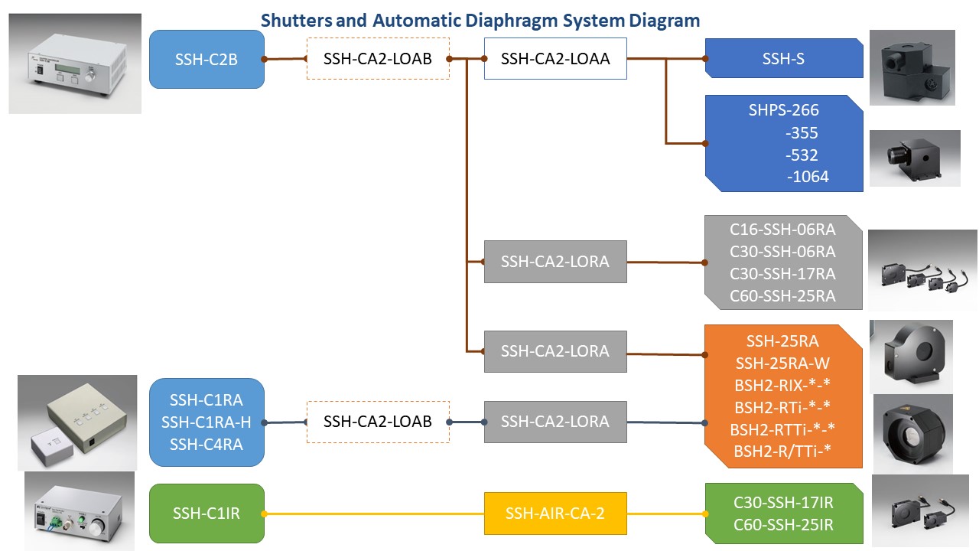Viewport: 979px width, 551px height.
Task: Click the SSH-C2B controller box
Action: [x=207, y=59]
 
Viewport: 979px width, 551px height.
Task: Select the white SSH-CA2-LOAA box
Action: [x=555, y=58]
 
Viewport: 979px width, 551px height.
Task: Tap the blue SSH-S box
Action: [x=783, y=58]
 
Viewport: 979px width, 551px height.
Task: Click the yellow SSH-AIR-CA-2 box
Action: [x=555, y=513]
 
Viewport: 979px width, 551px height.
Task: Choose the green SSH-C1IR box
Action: [x=207, y=513]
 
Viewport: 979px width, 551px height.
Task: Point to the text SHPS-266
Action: [x=783, y=110]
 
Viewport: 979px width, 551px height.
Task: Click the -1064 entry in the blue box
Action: [x=808, y=178]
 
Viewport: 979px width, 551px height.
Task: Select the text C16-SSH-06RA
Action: [x=782, y=229]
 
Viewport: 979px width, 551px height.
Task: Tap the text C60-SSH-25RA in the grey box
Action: [x=782, y=295]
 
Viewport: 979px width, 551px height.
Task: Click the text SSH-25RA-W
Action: [x=782, y=363]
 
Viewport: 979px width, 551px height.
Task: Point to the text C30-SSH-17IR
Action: [x=783, y=502]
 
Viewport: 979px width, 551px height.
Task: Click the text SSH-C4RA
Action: [x=207, y=444]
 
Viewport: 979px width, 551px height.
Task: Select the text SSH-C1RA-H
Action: [x=207, y=422]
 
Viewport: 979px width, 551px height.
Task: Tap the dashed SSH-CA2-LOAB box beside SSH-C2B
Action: [x=377, y=58]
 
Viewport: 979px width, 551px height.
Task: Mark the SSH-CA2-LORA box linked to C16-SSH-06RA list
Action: [x=555, y=261]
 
